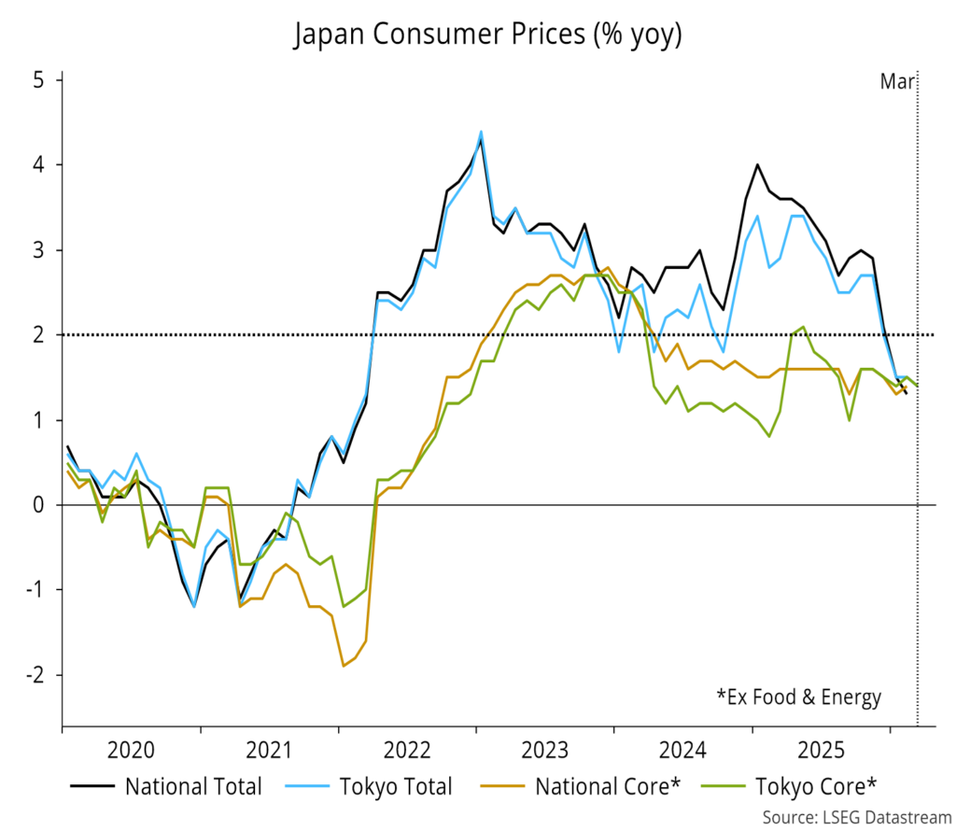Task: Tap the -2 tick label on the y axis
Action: point(37,675)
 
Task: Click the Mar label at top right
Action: point(897,82)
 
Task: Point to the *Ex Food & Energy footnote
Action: point(798,697)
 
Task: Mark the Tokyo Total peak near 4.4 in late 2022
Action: point(481,132)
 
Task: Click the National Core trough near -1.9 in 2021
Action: point(344,666)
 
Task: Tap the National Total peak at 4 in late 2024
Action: point(757,165)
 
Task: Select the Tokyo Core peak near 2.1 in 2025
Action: point(803,327)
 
